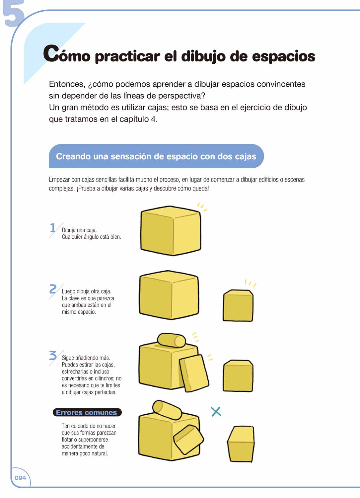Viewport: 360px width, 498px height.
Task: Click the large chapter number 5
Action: [x=13, y=13]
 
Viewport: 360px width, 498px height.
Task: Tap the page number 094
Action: [x=21, y=478]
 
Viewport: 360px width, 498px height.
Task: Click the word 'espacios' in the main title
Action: [x=284, y=56]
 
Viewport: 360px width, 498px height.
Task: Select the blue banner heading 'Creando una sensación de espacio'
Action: [x=156, y=156]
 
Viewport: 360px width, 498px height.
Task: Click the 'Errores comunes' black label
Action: [x=87, y=412]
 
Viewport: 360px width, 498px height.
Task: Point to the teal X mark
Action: [x=216, y=412]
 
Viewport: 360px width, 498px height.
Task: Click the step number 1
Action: [x=52, y=228]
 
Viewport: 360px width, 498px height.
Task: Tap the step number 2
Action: [x=53, y=289]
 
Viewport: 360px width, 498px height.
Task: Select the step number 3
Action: [x=53, y=355]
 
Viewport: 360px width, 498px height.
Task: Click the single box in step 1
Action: [x=171, y=231]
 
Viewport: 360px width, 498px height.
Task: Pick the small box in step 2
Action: [x=238, y=305]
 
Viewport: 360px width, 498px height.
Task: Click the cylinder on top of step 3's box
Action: [x=171, y=340]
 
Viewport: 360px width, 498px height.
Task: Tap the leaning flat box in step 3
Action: [x=194, y=373]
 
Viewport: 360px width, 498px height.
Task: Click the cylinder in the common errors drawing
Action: [x=167, y=410]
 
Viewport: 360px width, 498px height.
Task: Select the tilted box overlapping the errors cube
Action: [x=188, y=440]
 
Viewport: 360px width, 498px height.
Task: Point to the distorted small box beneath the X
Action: [x=241, y=444]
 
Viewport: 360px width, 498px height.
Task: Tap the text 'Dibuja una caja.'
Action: [x=79, y=230]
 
